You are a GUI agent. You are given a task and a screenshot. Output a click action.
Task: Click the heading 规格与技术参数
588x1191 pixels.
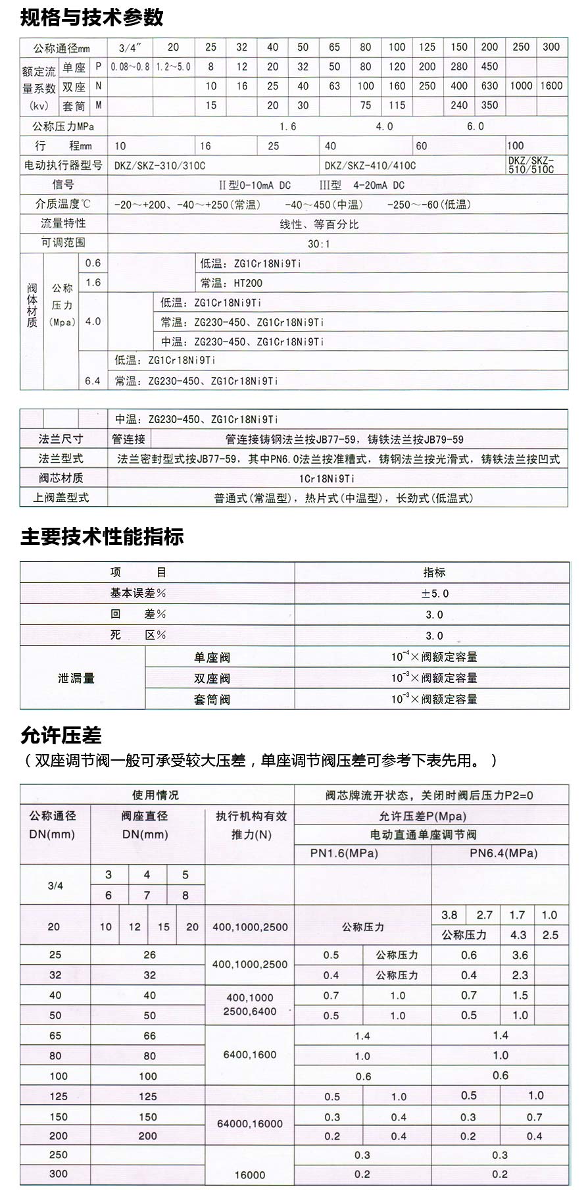pyautogui.click(x=92, y=17)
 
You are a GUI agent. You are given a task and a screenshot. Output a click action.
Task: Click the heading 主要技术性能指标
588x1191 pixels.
pyautogui.click(x=102, y=537)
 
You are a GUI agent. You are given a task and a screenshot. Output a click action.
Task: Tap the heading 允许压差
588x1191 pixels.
pyautogui.click(x=61, y=735)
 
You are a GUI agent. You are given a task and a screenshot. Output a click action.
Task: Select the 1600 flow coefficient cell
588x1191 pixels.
pyautogui.click(x=551, y=86)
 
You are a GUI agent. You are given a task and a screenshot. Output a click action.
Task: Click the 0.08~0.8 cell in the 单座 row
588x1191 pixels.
pyautogui.click(x=130, y=66)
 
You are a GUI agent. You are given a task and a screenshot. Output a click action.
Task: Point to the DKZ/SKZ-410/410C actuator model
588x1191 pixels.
pyautogui.click(x=370, y=165)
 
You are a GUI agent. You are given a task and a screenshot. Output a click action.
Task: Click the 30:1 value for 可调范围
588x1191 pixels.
pyautogui.click(x=319, y=243)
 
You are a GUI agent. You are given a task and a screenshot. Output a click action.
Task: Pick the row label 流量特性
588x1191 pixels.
pyautogui.click(x=63, y=224)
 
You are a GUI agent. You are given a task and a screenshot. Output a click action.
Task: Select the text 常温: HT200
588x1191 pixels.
pyautogui.click(x=231, y=283)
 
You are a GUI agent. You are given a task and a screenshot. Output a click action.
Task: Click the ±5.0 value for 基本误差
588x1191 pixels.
pyautogui.click(x=435, y=594)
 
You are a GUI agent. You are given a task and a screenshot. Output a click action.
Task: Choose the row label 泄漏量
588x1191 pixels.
pyautogui.click(x=76, y=678)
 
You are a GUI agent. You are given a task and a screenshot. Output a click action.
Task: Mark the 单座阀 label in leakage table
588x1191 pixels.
pyautogui.click(x=212, y=657)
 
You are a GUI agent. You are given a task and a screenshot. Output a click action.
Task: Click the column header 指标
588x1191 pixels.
pyautogui.click(x=434, y=572)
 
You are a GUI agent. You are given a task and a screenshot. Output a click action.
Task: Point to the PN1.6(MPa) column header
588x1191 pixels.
pyautogui.click(x=344, y=853)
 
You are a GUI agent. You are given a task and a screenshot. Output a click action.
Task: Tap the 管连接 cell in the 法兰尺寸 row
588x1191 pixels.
pyautogui.click(x=128, y=440)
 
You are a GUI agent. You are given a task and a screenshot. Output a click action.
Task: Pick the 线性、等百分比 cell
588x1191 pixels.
pyautogui.click(x=319, y=224)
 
